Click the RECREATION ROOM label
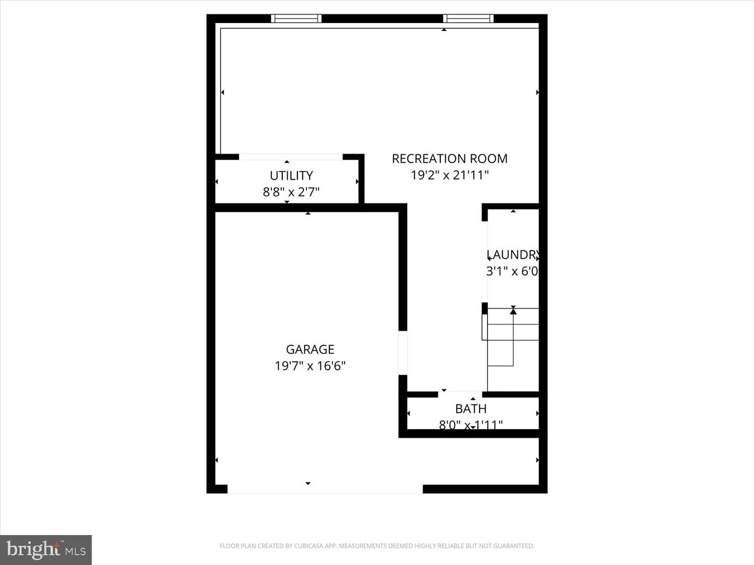(449, 159)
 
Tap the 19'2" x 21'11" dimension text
(449, 175)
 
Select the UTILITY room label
(291, 175)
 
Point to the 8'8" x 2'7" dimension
(291, 192)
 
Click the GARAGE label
(310, 349)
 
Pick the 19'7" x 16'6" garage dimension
(310, 366)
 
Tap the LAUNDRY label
(512, 255)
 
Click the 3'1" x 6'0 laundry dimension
(512, 271)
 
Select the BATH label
(471, 409)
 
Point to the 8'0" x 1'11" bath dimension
(471, 425)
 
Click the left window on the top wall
(296, 19)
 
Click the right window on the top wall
(468, 19)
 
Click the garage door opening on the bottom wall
(325, 489)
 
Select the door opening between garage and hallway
(403, 353)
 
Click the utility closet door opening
(291, 156)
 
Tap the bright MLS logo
(46, 549)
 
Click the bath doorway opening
(460, 394)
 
